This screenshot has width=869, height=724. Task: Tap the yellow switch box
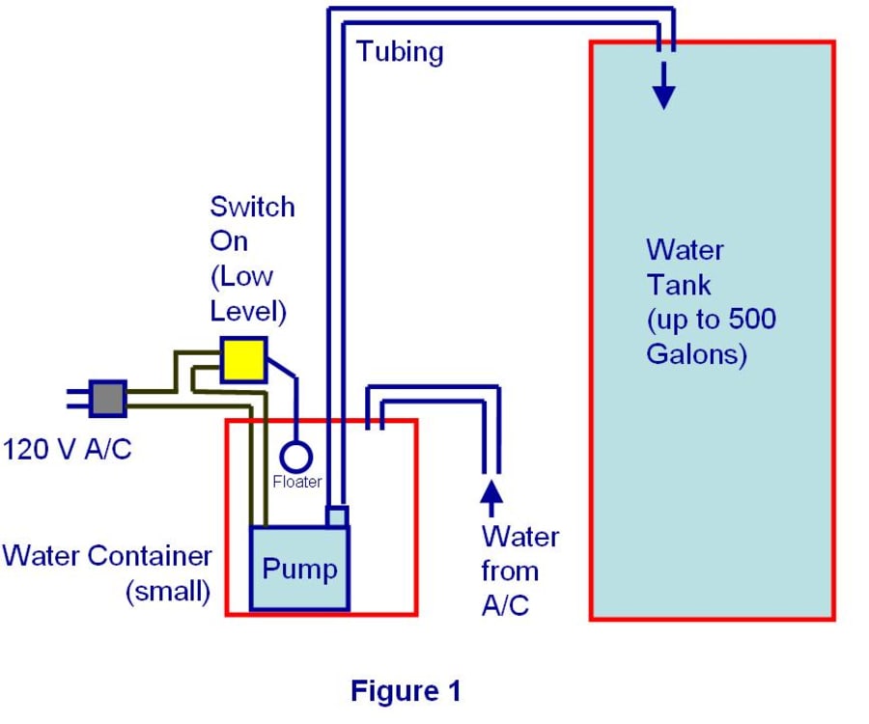click(x=243, y=359)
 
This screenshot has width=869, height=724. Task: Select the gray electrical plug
click(x=108, y=398)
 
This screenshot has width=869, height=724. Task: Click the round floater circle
click(x=296, y=457)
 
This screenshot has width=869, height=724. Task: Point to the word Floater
click(x=296, y=482)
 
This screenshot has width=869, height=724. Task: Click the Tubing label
click(x=400, y=50)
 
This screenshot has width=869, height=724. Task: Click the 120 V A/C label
click(x=67, y=450)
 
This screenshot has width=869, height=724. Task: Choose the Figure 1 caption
click(x=406, y=691)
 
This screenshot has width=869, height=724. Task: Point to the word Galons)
click(x=696, y=354)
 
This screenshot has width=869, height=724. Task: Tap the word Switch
click(x=252, y=207)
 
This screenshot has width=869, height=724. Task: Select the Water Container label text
click(x=106, y=556)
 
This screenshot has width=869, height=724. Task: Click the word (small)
click(x=168, y=591)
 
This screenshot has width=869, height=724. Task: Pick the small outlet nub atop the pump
click(x=337, y=516)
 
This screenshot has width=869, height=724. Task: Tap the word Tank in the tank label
click(x=679, y=285)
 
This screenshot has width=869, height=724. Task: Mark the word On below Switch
click(x=229, y=241)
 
